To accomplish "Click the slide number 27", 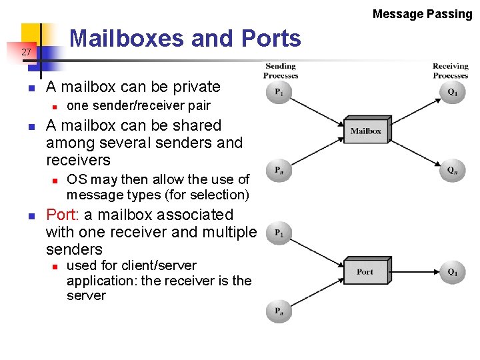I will click(26, 52).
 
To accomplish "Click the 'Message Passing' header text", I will click(422, 13).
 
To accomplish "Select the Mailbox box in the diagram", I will click(365, 131).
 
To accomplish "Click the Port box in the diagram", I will click(365, 272).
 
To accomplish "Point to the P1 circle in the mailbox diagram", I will click(279, 92).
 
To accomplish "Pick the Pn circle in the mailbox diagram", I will click(279, 171).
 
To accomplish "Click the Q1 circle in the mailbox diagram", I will click(453, 92).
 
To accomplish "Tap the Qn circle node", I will click(453, 171).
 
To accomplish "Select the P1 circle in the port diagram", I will click(279, 233).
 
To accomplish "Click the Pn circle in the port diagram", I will click(279, 311).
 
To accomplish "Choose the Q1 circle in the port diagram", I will click(453, 272).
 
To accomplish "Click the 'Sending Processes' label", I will click(281, 71).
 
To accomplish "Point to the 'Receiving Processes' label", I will click(451, 71).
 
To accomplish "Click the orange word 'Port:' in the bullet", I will click(63, 215).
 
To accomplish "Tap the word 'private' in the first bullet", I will click(197, 87).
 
